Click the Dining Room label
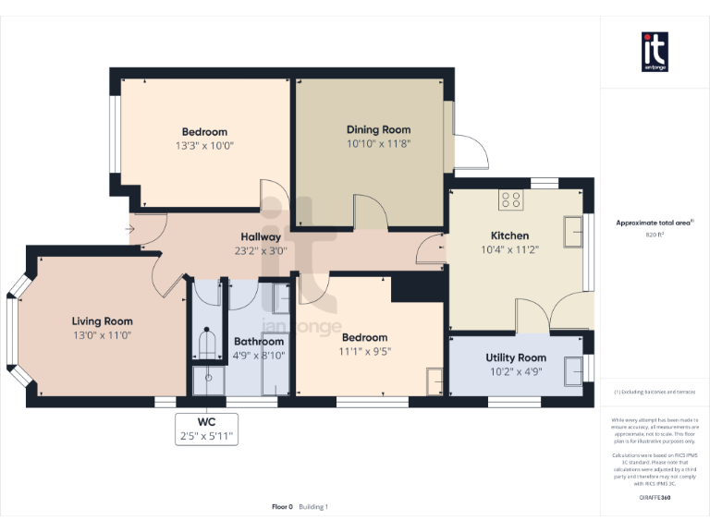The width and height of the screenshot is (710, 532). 378,129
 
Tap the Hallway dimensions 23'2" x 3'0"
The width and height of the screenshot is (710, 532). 262,249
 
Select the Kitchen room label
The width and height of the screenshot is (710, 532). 509,236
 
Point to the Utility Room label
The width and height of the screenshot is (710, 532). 516,357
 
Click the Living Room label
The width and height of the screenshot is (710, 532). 103,321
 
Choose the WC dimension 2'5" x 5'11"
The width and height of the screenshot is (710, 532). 206,435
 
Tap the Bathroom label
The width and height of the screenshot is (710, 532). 259,341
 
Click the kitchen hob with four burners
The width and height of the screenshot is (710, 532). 510,199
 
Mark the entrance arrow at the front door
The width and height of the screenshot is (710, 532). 131,229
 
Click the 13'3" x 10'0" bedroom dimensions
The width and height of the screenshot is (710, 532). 203,146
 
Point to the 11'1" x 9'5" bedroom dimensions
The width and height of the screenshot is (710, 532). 366,351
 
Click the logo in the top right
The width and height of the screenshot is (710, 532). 655,51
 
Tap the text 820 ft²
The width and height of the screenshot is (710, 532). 655,235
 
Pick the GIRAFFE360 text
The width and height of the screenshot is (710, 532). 655,498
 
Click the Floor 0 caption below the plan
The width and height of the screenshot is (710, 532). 282,506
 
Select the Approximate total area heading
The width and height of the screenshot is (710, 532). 654,223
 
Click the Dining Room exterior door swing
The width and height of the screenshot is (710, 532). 465,151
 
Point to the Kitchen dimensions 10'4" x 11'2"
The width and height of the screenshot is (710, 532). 509,249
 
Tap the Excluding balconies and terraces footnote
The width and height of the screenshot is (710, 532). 655,393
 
